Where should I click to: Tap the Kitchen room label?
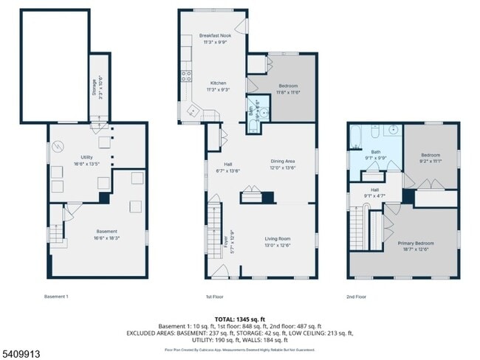click(x=218, y=86)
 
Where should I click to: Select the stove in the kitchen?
click(x=187, y=74)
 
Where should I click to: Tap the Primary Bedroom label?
click(x=417, y=246)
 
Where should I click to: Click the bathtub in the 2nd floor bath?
click(x=356, y=137)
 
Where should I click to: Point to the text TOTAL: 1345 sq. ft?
click(x=239, y=318)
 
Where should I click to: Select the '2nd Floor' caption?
click(x=357, y=297)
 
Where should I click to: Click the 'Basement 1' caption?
click(x=56, y=297)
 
